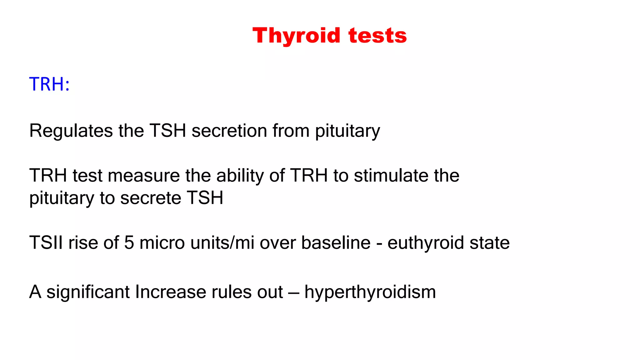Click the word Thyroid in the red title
pyautogui.click(x=296, y=35)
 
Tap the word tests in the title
pyautogui.click(x=377, y=35)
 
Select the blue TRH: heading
pyautogui.click(x=49, y=84)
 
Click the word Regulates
pyautogui.click(x=71, y=131)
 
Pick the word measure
pyautogui.click(x=144, y=175)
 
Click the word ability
pyautogui.click(x=240, y=175)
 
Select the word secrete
pyautogui.click(x=151, y=198)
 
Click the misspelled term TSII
pyautogui.click(x=46, y=242)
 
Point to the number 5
pyautogui.click(x=129, y=242)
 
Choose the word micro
pyautogui.click(x=162, y=242)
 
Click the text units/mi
pyautogui.click(x=222, y=242)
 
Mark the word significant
pyautogui.click(x=88, y=292)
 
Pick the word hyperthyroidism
pyautogui.click(x=370, y=292)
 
